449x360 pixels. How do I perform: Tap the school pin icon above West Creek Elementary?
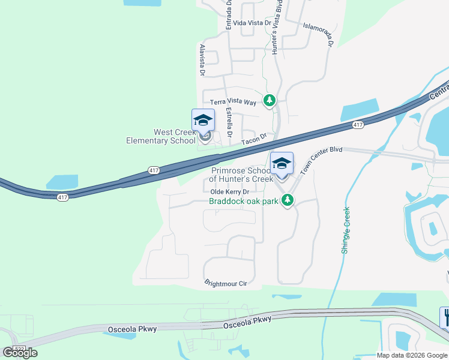coord(203,120)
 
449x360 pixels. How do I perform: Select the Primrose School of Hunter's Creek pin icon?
coord(282,163)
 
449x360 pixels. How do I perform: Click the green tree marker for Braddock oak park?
coord(288,200)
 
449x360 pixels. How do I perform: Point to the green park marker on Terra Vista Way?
coord(270,100)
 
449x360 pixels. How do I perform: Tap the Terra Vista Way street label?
coord(232,103)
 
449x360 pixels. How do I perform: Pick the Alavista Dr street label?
coord(202,60)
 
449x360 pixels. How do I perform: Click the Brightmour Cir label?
coord(226,283)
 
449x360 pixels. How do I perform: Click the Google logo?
coord(20,353)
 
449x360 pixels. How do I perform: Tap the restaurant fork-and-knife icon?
coord(444,316)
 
